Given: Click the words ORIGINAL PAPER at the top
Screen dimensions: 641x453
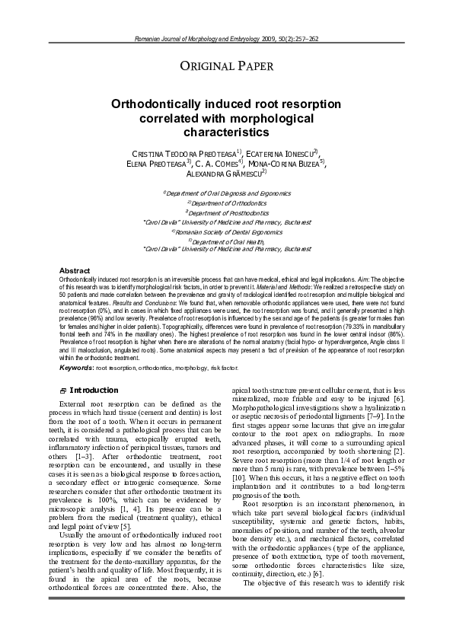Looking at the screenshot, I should coord(226,65).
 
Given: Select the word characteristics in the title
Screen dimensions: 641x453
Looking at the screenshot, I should coord(226,132).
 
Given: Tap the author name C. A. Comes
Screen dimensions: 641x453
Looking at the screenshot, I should coord(217,163).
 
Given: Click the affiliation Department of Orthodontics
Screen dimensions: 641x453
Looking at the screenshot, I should coord(226,203).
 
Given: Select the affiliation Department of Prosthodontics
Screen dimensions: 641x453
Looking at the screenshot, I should coord(226,212).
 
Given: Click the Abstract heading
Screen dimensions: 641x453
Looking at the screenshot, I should coord(75,271).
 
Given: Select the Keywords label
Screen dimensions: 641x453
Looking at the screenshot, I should coord(76,367).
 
